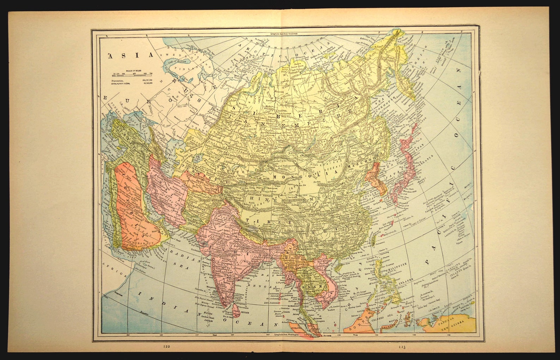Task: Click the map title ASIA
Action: pos(131,55)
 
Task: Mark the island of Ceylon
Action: pos(236,310)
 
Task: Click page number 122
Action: pos(166,347)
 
